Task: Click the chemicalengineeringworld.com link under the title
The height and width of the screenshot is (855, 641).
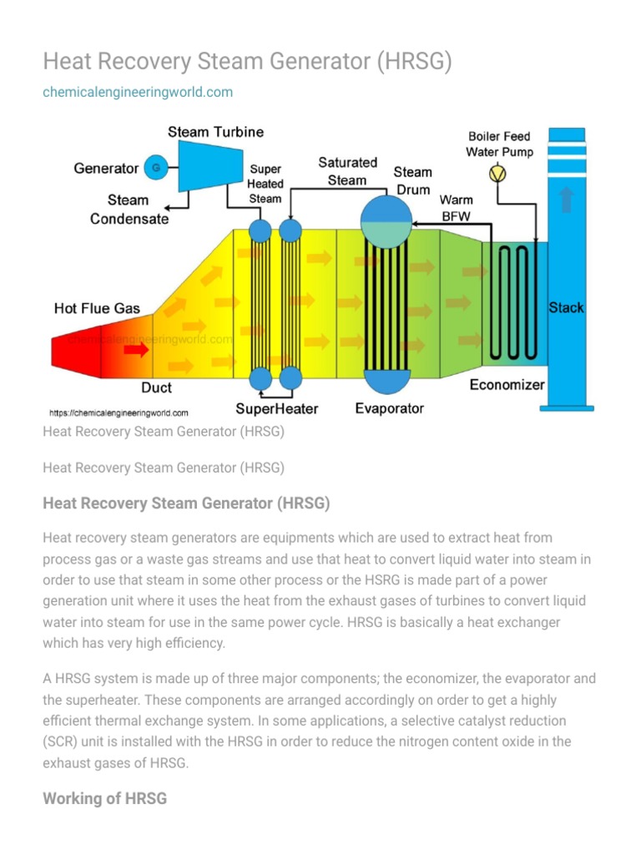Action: pyautogui.click(x=138, y=92)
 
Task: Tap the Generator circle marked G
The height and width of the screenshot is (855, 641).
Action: pyautogui.click(x=154, y=168)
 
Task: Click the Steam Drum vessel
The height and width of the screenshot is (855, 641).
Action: pyautogui.click(x=386, y=221)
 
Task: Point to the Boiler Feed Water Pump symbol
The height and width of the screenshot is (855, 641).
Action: pyautogui.click(x=497, y=173)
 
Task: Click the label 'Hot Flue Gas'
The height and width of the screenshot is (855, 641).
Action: pyautogui.click(x=97, y=308)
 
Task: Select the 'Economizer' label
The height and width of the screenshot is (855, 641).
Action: pyautogui.click(x=507, y=385)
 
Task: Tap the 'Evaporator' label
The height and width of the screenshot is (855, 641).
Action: pyautogui.click(x=389, y=408)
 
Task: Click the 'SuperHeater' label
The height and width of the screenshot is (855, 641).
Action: pyautogui.click(x=276, y=408)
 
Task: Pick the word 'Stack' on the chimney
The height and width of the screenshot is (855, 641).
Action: pyautogui.click(x=566, y=308)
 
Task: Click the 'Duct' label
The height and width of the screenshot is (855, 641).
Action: pyautogui.click(x=157, y=388)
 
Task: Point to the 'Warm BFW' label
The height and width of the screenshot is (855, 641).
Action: pyautogui.click(x=456, y=208)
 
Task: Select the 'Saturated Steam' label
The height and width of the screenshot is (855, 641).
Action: pyautogui.click(x=347, y=171)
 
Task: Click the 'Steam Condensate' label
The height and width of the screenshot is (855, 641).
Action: pyautogui.click(x=129, y=210)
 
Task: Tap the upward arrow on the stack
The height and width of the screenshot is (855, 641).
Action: pyautogui.click(x=567, y=200)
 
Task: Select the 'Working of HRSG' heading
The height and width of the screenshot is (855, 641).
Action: pyautogui.click(x=104, y=798)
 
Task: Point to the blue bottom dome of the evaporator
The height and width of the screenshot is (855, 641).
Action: pyautogui.click(x=386, y=381)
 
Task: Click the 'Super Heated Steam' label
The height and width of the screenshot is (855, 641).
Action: pyautogui.click(x=265, y=184)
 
